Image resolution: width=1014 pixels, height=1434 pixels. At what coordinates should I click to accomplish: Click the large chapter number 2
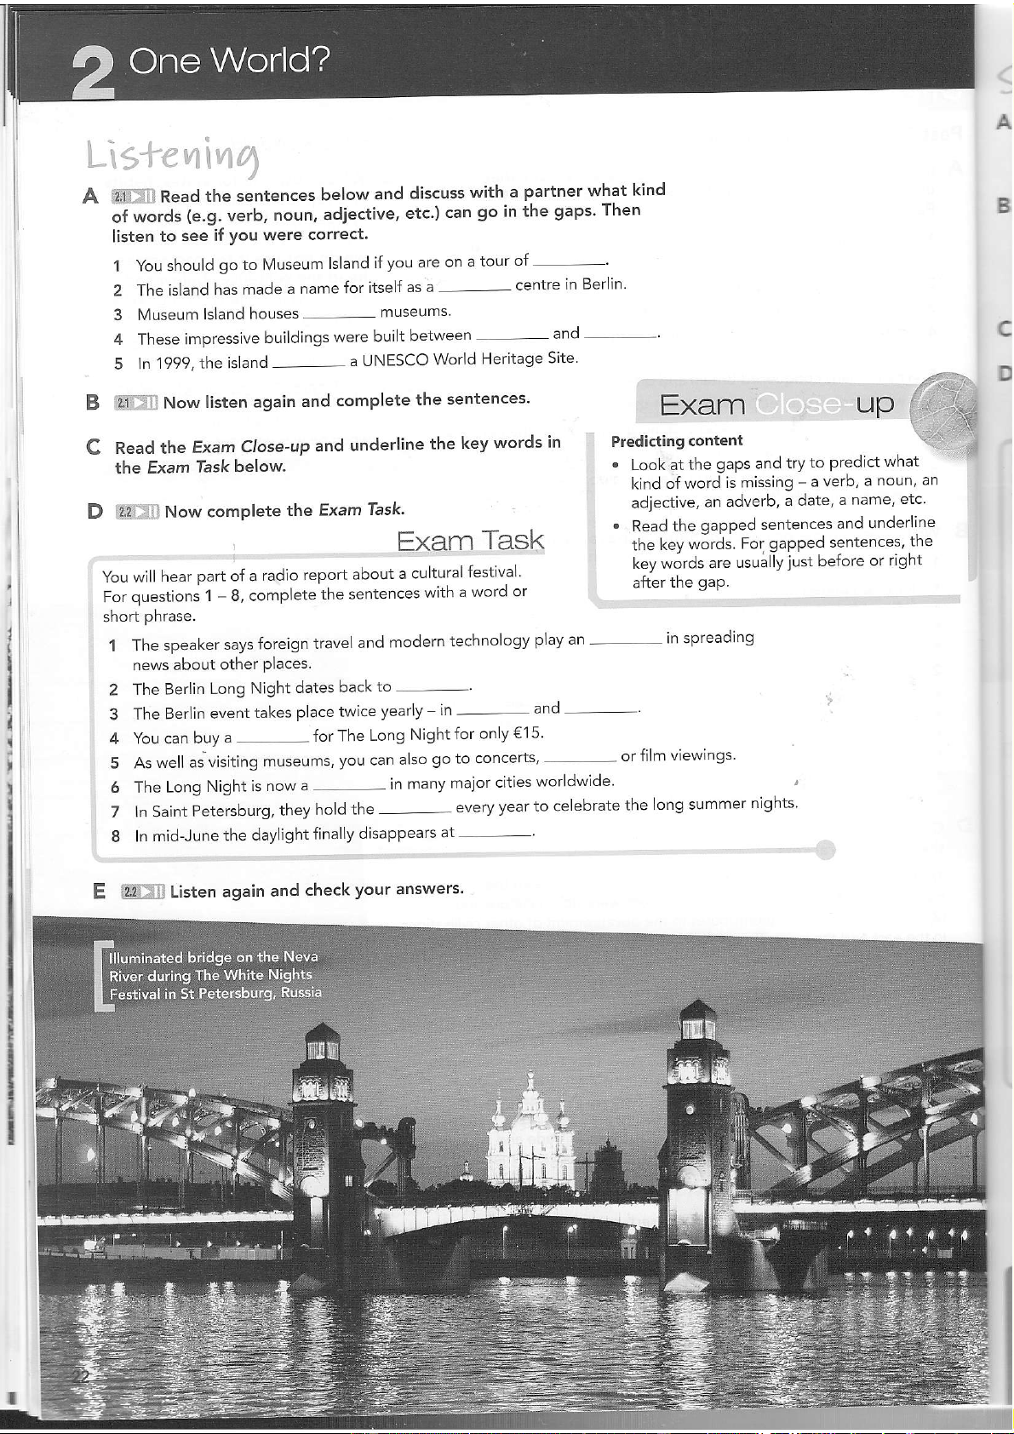[x=92, y=74]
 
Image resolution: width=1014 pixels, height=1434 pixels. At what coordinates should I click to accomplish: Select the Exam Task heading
[x=470, y=540]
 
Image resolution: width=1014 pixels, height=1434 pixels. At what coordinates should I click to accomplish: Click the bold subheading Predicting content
[x=677, y=440]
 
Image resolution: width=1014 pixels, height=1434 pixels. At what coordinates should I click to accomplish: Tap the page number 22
[x=81, y=1377]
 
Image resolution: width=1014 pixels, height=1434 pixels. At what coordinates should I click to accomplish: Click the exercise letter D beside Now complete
[x=96, y=511]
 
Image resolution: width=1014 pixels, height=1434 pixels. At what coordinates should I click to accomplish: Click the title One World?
[x=229, y=61]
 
